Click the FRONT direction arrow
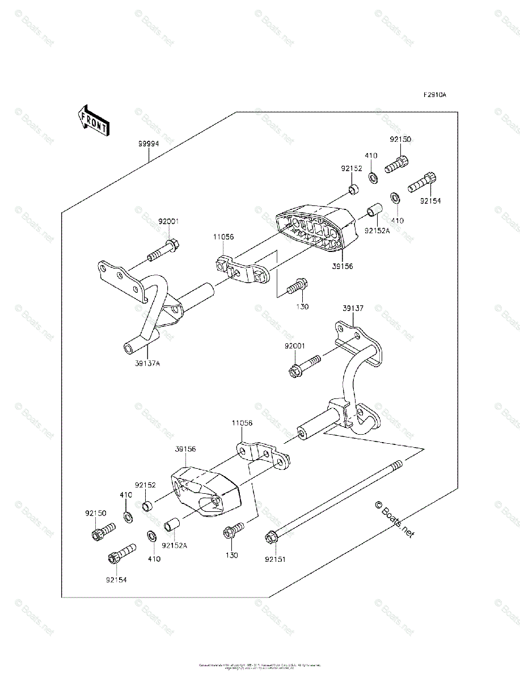click(x=92, y=120)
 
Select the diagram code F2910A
click(x=434, y=95)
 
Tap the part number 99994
click(x=148, y=144)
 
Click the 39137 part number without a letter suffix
click(x=353, y=309)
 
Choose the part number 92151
click(x=275, y=559)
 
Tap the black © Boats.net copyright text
click(x=395, y=519)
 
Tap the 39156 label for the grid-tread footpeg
click(x=343, y=266)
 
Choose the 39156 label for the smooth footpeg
click(x=185, y=448)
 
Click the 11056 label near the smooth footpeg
click(x=242, y=423)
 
